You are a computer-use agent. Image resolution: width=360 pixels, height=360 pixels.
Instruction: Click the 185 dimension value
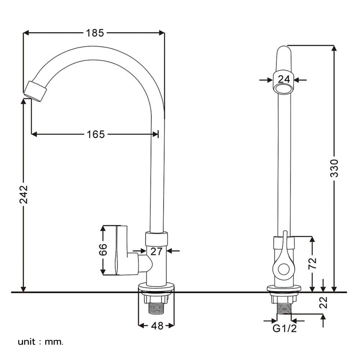[x=95, y=33]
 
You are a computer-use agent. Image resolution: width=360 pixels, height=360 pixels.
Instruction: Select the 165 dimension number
[x=96, y=134]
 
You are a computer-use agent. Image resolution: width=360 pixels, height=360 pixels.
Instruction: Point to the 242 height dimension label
[x=23, y=194]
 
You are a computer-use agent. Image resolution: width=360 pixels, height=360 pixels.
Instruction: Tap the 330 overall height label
[x=334, y=168]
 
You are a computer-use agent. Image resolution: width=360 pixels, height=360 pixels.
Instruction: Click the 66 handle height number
[x=103, y=249]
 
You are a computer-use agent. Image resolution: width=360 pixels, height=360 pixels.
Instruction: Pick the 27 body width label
[x=156, y=251]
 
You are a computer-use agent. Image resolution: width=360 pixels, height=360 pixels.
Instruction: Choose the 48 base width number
[x=157, y=326]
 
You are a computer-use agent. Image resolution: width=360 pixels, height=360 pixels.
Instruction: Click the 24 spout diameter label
[x=284, y=79]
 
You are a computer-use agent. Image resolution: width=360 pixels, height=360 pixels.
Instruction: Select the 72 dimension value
[x=312, y=264]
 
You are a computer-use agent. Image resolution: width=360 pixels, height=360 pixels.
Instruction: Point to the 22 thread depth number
[x=323, y=302]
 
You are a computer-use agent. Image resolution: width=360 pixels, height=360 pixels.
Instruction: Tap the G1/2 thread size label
[x=284, y=329]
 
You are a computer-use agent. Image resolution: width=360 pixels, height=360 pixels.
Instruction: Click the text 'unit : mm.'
[x=40, y=342]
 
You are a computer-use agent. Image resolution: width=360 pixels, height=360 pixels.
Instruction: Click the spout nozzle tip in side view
[x=35, y=91]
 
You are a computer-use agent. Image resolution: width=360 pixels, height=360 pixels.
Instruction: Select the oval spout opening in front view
[x=284, y=89]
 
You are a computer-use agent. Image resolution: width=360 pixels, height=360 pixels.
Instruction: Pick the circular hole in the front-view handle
[x=284, y=269]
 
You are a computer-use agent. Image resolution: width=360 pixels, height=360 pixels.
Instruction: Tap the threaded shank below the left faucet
[x=156, y=309]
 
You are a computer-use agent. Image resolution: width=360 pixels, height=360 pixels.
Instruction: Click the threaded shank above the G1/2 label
[x=284, y=308]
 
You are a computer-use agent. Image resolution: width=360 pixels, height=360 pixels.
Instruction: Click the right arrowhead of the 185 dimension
[x=162, y=33]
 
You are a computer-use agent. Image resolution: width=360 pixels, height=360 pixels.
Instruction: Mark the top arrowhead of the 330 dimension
[x=334, y=49]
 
